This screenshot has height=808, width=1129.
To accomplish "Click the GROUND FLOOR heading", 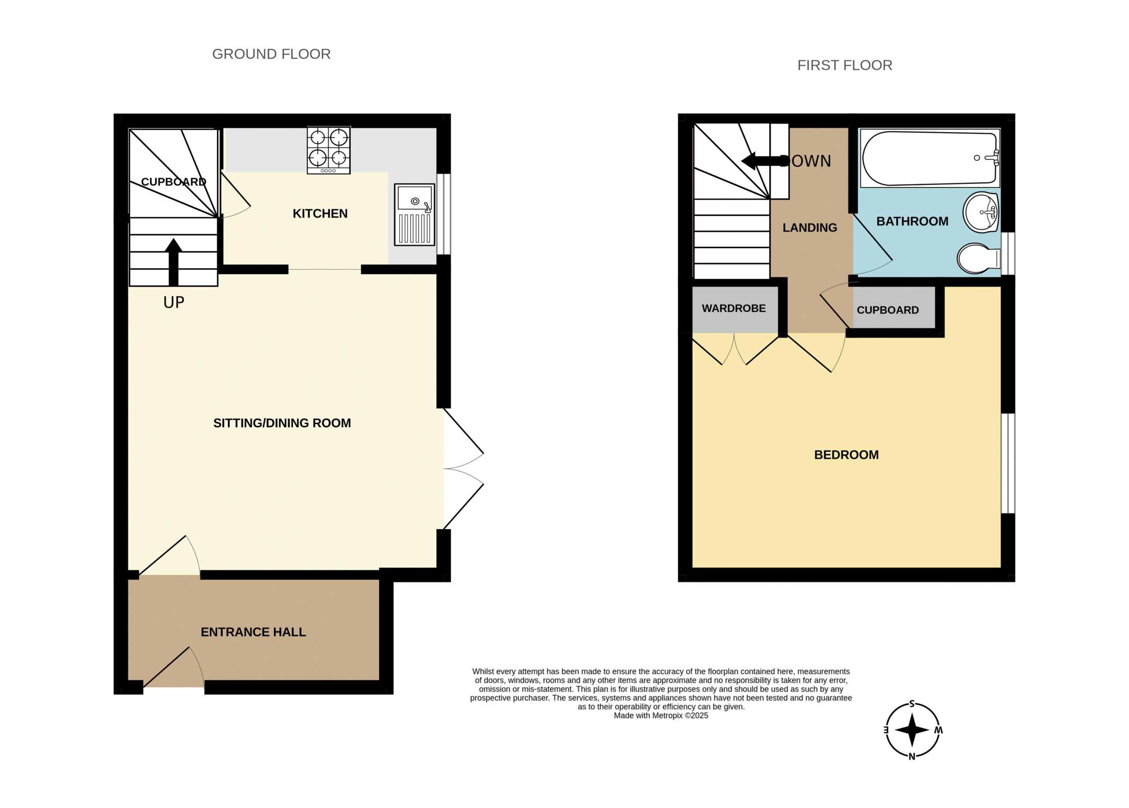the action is (271, 54).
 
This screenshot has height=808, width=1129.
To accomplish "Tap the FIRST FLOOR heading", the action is (845, 65).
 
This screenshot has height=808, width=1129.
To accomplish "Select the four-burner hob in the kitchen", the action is (329, 150).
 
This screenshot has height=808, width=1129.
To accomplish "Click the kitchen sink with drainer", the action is (415, 214).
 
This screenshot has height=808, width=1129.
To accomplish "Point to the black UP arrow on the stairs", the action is (173, 262).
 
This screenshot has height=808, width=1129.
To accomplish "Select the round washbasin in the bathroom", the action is (981, 212).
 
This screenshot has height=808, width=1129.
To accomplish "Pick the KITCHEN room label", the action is (320, 213).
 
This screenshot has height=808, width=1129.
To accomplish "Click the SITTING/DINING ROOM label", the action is (282, 423).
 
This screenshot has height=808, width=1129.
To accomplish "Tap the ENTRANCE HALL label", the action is (254, 632).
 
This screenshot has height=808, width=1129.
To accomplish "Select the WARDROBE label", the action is (734, 309).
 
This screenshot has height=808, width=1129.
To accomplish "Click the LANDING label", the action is (810, 228).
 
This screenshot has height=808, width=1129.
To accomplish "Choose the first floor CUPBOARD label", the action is (888, 310).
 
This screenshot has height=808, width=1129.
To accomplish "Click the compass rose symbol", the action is (912, 730).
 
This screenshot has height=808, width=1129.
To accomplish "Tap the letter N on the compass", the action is (912, 757).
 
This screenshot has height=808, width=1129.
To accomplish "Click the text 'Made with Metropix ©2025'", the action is (661, 715).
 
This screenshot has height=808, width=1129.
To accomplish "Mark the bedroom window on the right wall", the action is (1008, 463).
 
